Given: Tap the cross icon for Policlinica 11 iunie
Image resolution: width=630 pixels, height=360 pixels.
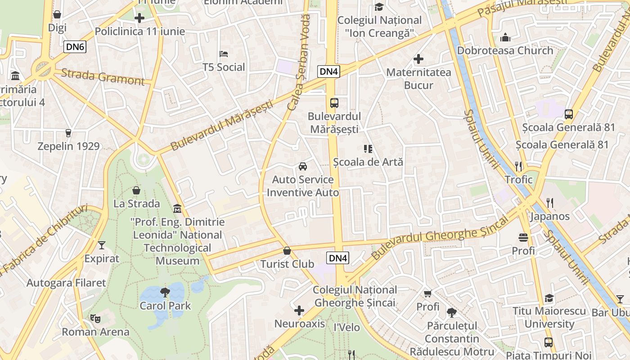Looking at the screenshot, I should tap(139, 18).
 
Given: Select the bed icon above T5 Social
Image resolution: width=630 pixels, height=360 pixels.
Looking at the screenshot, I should tap(224, 54).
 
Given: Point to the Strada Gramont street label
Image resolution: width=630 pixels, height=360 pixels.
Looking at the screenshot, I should tap(103, 76).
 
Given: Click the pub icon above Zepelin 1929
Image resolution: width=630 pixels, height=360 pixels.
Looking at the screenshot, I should tap(68, 133).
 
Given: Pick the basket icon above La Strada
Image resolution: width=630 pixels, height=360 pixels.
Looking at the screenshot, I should tap(136, 190).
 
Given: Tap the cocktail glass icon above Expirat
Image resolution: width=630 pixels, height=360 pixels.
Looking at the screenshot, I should tap(102, 245).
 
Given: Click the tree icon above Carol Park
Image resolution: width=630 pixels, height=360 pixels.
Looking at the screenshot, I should tap(165, 292).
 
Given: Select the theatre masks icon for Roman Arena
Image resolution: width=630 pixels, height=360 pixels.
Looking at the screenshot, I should tap(95, 319).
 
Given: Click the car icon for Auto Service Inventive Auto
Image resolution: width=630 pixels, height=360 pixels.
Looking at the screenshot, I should tap(303, 166).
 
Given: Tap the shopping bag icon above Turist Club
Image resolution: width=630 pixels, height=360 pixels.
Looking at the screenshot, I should tap(287, 251).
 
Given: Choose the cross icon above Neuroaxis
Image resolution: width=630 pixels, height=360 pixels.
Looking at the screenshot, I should tap(299, 310).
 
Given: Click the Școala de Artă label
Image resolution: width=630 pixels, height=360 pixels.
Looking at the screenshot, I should tap(368, 162).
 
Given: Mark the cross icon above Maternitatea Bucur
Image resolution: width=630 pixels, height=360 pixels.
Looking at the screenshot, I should tap(418, 59).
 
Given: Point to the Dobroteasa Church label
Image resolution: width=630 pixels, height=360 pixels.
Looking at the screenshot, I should tap(505, 50).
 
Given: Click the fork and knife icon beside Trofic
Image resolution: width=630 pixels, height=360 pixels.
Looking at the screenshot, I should tap(518, 166).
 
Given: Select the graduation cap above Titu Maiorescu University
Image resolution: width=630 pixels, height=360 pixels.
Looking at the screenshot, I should tap(549, 298).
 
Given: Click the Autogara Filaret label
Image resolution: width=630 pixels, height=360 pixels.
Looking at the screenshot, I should tap(66, 283).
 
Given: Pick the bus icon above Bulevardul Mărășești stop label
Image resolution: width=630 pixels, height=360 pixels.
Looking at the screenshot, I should tap(334, 103).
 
